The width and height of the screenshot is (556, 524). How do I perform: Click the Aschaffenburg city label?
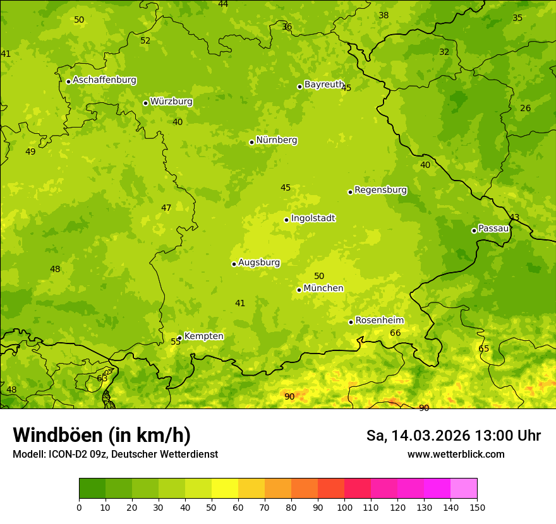click(x=104, y=80)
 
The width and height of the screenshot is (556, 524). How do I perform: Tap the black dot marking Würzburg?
click(x=145, y=103)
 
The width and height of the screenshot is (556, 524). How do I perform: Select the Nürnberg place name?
click(x=276, y=140)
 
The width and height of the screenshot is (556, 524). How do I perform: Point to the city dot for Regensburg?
click(x=350, y=192)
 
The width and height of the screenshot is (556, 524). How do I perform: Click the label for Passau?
click(x=493, y=229)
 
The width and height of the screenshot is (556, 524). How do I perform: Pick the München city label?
click(x=323, y=289)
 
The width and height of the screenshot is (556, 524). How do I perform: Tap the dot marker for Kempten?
click(x=179, y=338)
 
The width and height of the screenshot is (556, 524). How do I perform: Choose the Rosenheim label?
click(x=379, y=321)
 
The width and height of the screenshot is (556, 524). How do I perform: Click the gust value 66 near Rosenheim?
click(x=396, y=333)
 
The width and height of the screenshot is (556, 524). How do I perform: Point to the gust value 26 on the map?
click(x=525, y=108)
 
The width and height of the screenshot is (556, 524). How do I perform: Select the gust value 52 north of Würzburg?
click(x=145, y=40)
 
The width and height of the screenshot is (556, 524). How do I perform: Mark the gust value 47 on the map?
click(x=166, y=208)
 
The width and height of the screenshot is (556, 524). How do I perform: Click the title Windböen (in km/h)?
click(x=102, y=435)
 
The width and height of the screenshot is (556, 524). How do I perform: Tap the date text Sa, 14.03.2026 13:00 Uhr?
click(x=453, y=436)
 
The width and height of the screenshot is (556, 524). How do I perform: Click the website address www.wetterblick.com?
click(x=456, y=454)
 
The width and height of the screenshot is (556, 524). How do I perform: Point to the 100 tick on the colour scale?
click(x=344, y=507)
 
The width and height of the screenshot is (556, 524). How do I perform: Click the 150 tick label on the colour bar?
click(x=477, y=507)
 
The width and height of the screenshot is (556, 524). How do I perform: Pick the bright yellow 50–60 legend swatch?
click(x=225, y=489)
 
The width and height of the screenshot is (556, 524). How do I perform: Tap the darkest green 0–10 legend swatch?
click(x=92, y=489)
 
